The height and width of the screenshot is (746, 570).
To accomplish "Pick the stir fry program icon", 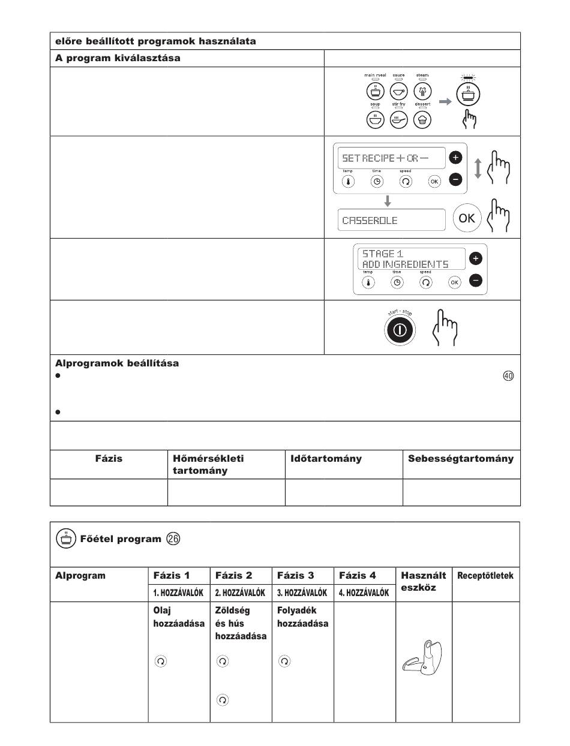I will click(399, 120).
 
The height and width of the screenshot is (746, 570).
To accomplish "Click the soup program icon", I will click(375, 120).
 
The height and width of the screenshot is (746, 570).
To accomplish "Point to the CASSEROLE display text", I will click(370, 220).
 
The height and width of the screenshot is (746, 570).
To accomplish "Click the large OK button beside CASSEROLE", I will click(466, 218).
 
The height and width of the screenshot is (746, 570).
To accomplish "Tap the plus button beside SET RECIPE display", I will click(455, 158).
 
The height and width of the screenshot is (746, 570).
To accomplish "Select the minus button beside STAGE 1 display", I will click(475, 280).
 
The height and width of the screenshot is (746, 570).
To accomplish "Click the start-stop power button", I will click(400, 330).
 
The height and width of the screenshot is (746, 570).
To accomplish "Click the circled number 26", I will click(173, 539).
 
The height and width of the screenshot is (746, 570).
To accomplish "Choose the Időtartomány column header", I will click(326, 458).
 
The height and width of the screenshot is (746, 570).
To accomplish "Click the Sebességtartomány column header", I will click(461, 458).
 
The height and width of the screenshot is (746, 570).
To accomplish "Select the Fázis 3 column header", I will click(296, 575).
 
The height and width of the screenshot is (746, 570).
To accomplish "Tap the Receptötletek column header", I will click(485, 576).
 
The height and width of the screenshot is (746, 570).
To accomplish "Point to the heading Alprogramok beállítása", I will click(117, 363).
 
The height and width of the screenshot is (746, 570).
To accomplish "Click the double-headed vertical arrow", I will click(478, 168).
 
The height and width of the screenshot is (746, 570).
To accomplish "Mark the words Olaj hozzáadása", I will click(178, 617).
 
